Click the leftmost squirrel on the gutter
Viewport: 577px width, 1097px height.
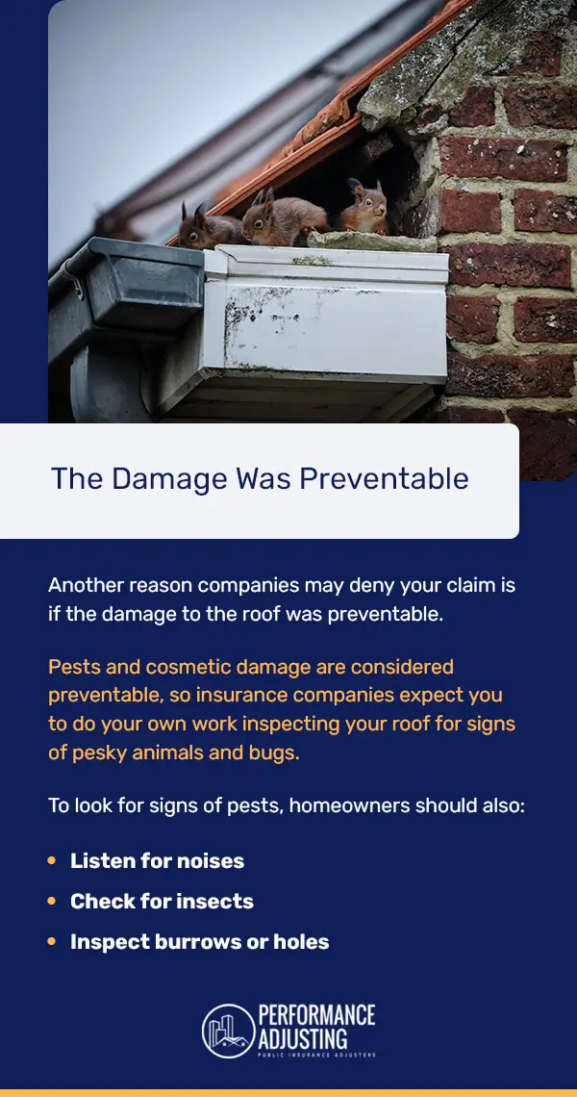tap(207, 228)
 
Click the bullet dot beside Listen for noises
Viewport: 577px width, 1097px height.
tap(52, 860)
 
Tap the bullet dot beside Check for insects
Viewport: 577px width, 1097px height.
tap(52, 901)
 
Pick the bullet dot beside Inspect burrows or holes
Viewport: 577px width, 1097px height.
tap(52, 941)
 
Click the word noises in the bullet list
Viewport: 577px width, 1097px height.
tap(209, 860)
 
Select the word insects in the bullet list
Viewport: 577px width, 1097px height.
tap(217, 901)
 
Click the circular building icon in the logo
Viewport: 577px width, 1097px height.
tap(227, 1030)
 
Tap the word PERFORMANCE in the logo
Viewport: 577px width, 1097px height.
tap(316, 1015)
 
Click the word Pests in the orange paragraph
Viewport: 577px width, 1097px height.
tap(73, 667)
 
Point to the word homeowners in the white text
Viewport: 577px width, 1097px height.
tap(341, 804)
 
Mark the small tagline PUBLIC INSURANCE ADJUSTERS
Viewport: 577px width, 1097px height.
tap(316, 1056)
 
